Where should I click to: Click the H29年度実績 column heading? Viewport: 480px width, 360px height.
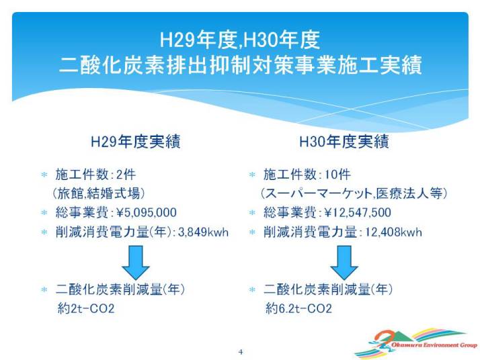point(136,142)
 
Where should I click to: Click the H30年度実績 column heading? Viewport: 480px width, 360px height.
point(344,142)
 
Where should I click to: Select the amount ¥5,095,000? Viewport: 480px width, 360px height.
point(147,212)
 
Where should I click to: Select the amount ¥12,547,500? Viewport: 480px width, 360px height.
point(358,212)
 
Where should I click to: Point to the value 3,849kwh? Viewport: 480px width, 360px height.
point(203,232)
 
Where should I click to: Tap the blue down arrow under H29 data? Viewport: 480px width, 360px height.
point(136,262)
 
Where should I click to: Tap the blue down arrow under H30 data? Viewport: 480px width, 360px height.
point(344,262)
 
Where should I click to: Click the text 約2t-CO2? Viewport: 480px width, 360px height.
point(86,308)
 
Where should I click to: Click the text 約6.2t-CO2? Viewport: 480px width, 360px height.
point(298,308)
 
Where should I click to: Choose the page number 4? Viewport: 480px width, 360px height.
point(241,352)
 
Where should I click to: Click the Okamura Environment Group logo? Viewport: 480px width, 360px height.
point(416,343)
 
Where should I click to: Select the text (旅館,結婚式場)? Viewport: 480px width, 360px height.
point(99,193)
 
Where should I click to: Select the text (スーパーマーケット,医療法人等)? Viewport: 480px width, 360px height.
point(354,193)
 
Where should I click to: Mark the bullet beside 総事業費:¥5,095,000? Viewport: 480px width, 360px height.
point(44,212)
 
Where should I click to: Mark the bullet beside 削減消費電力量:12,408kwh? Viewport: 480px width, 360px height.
point(252,232)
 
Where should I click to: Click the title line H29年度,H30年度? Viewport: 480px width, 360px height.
point(240,40)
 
